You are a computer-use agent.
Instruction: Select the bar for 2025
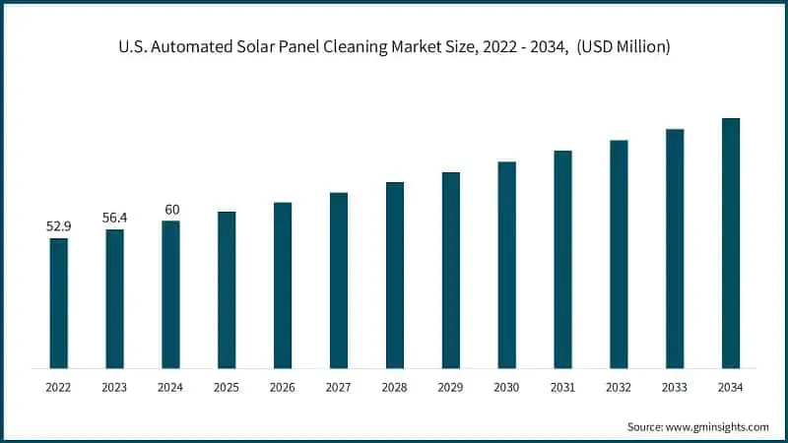227,290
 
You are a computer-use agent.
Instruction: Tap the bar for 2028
395,276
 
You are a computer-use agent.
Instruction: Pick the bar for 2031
562,260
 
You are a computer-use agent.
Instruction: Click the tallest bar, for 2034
731,243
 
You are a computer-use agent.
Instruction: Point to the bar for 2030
506,265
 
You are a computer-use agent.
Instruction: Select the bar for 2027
339,281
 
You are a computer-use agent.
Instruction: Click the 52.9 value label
59,226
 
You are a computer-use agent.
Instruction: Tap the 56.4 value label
115,218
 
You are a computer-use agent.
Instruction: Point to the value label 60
171,209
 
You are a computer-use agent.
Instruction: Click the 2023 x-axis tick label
115,387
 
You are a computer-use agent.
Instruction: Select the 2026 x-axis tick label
283,387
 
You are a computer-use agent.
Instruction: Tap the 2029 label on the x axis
451,387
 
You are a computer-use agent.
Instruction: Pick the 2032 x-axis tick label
619,387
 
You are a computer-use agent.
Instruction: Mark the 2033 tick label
675,387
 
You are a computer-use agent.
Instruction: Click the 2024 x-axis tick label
171,387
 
